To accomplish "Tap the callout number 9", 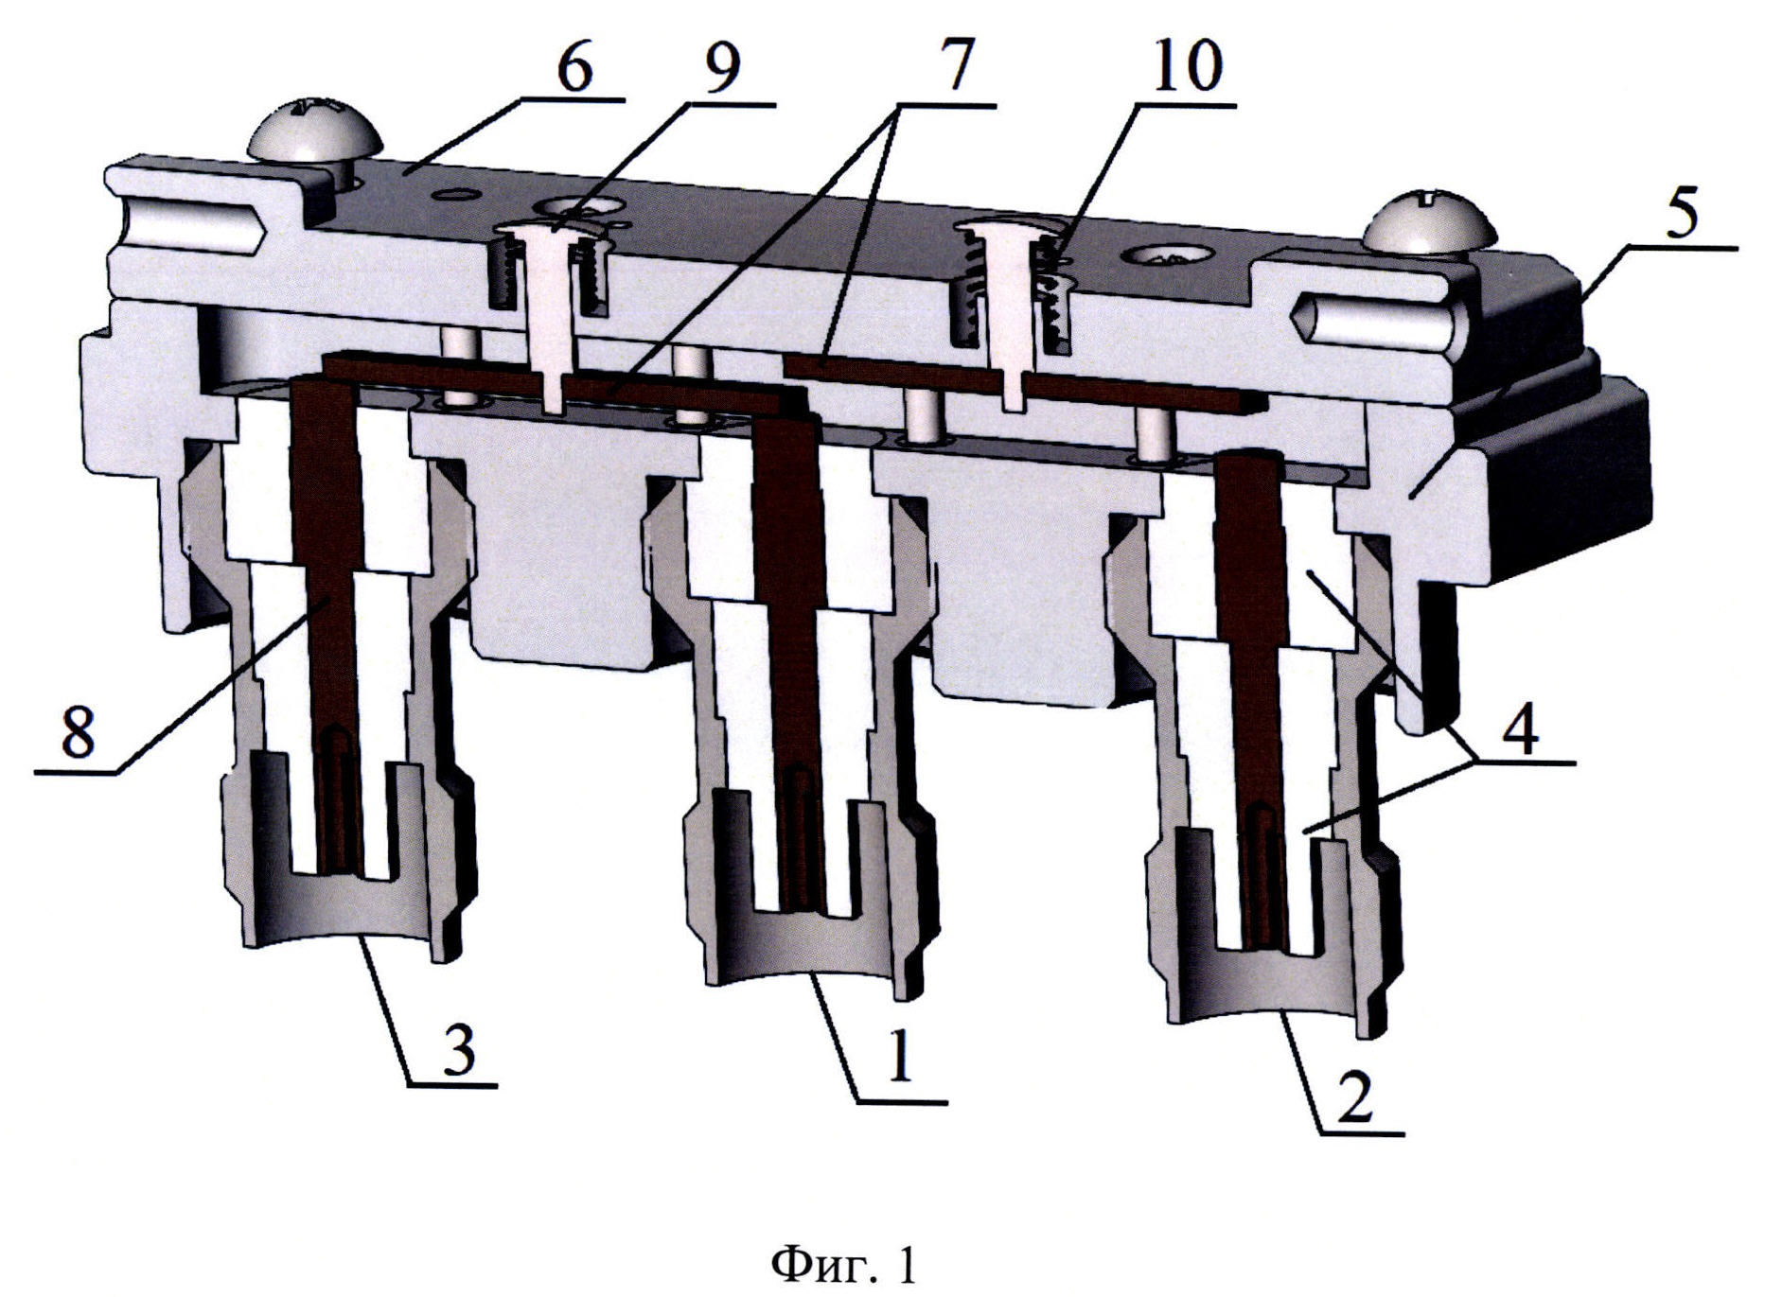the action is coord(722,68).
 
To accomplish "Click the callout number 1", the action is coord(899,1058).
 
